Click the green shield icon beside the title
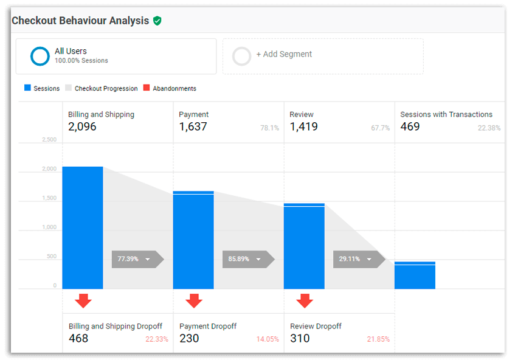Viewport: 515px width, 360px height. coord(157,21)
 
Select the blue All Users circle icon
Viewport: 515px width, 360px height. coord(40,56)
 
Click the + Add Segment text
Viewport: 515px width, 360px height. coord(284,54)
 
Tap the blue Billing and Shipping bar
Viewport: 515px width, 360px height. coord(83,228)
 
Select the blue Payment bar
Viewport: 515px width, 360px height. coord(193,240)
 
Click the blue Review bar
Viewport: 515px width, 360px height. coord(304,246)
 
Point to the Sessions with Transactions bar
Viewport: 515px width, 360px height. coord(415,275)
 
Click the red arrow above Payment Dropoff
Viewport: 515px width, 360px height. coord(194,300)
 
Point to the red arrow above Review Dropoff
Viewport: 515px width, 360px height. coord(305,300)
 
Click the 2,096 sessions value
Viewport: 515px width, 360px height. coord(82,127)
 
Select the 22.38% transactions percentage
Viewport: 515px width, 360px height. coord(489,128)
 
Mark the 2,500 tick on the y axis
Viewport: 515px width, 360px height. coord(49,140)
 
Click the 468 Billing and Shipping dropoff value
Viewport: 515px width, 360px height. coord(78,339)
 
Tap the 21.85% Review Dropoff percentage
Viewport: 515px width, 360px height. coord(378,339)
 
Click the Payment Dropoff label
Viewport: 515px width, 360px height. coord(208,327)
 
